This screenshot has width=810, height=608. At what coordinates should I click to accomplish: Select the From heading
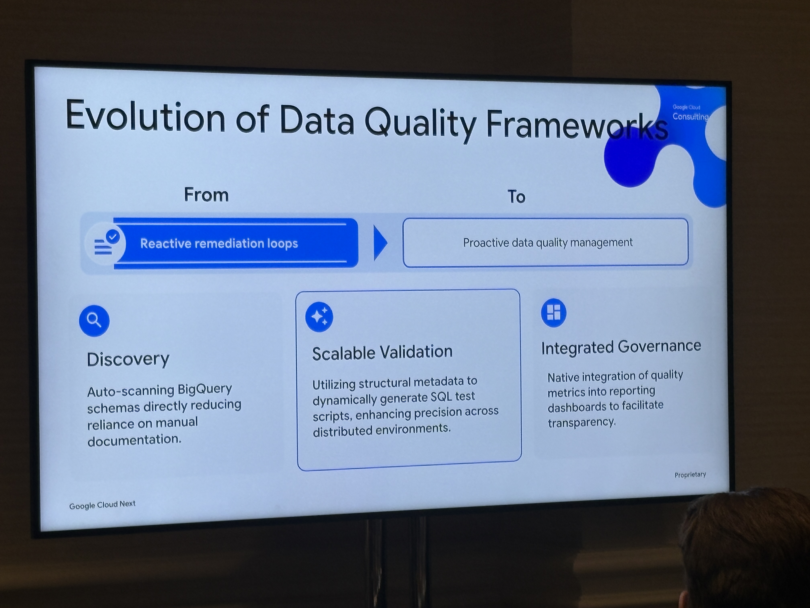tap(206, 195)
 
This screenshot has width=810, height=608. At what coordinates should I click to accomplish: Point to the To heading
tap(516, 197)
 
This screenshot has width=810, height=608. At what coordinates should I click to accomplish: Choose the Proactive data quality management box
tap(546, 242)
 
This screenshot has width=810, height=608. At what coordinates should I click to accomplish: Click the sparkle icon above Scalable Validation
tap(319, 317)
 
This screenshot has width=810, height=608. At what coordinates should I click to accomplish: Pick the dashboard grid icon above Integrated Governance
tap(554, 313)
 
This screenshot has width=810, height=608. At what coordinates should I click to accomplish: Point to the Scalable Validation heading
tap(382, 353)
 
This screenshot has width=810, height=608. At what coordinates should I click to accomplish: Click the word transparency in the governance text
tap(581, 423)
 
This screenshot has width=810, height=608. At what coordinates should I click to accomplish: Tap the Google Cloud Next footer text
tap(102, 505)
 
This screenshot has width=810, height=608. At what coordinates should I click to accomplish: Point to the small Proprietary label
tap(690, 475)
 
